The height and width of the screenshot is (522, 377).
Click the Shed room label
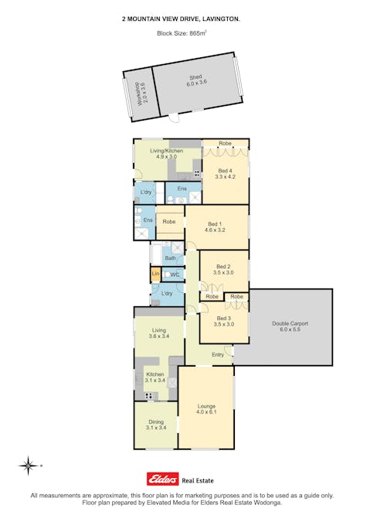(x=196, y=80)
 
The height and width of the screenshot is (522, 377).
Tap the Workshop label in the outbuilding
(x=141, y=94)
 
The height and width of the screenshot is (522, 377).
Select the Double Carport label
(x=290, y=326)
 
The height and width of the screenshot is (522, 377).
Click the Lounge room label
(x=206, y=409)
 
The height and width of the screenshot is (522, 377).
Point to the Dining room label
(x=156, y=425)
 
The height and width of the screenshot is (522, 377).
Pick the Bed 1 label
(x=215, y=227)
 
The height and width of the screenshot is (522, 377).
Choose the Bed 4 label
(x=225, y=173)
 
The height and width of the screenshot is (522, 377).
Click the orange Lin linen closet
(x=155, y=274)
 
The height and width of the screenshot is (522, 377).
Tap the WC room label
(x=175, y=275)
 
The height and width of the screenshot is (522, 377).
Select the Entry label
(x=218, y=355)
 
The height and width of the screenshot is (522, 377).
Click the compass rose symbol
(x=29, y=466)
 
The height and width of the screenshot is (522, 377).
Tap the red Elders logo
(x=162, y=479)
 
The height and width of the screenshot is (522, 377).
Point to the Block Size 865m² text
(x=182, y=33)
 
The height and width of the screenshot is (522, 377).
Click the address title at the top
(x=182, y=19)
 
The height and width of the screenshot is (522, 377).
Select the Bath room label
(x=170, y=258)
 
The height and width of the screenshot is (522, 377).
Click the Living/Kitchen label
(x=166, y=153)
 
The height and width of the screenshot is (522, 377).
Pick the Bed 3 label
(x=224, y=321)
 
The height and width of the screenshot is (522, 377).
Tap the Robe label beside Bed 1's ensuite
(x=169, y=221)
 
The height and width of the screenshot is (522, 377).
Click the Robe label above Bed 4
(x=225, y=143)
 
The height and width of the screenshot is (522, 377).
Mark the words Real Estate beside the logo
(x=198, y=480)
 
